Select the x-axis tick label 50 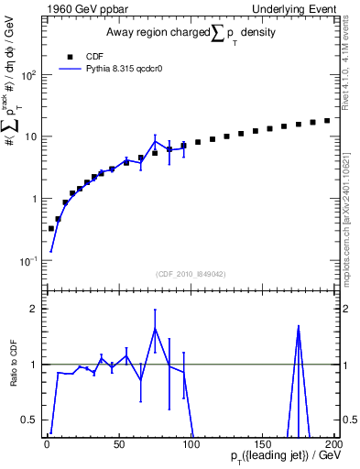pos(119,443)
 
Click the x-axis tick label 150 pos(262,443)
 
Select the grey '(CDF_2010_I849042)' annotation pos(191,273)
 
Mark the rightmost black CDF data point pos(326,120)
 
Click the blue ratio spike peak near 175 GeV pos(298,327)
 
